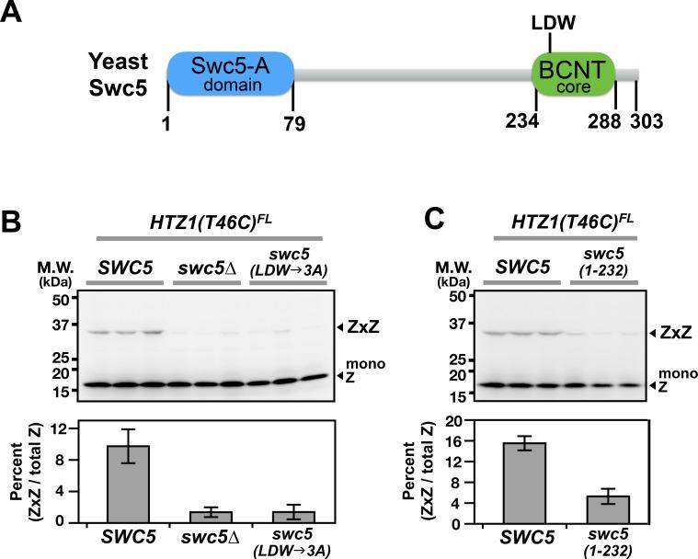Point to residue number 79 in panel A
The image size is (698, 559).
[x=292, y=122]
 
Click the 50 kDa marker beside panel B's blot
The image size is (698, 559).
[x=59, y=299]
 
